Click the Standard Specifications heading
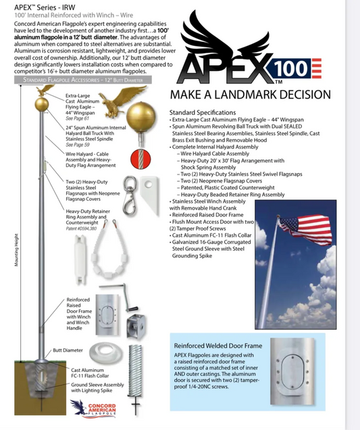click(203, 112)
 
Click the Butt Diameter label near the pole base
click(65, 351)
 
